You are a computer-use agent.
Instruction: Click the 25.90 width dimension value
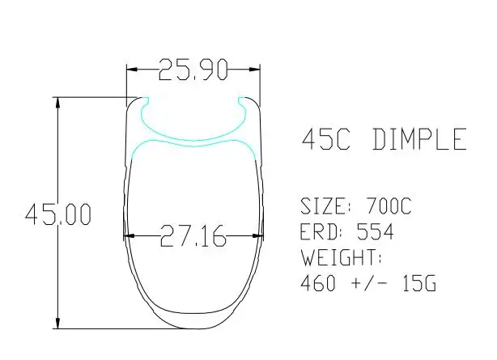click(193, 70)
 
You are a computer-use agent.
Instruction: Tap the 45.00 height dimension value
click(58, 214)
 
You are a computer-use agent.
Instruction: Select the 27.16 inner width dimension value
click(193, 235)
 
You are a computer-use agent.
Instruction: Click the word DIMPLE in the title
click(419, 139)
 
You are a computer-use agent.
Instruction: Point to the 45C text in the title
click(326, 139)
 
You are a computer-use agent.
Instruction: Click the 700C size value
click(389, 206)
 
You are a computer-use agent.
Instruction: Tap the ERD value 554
click(376, 231)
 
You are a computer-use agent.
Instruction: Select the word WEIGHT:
click(341, 257)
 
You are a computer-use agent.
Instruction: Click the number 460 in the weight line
click(318, 282)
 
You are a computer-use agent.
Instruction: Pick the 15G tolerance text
click(419, 282)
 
